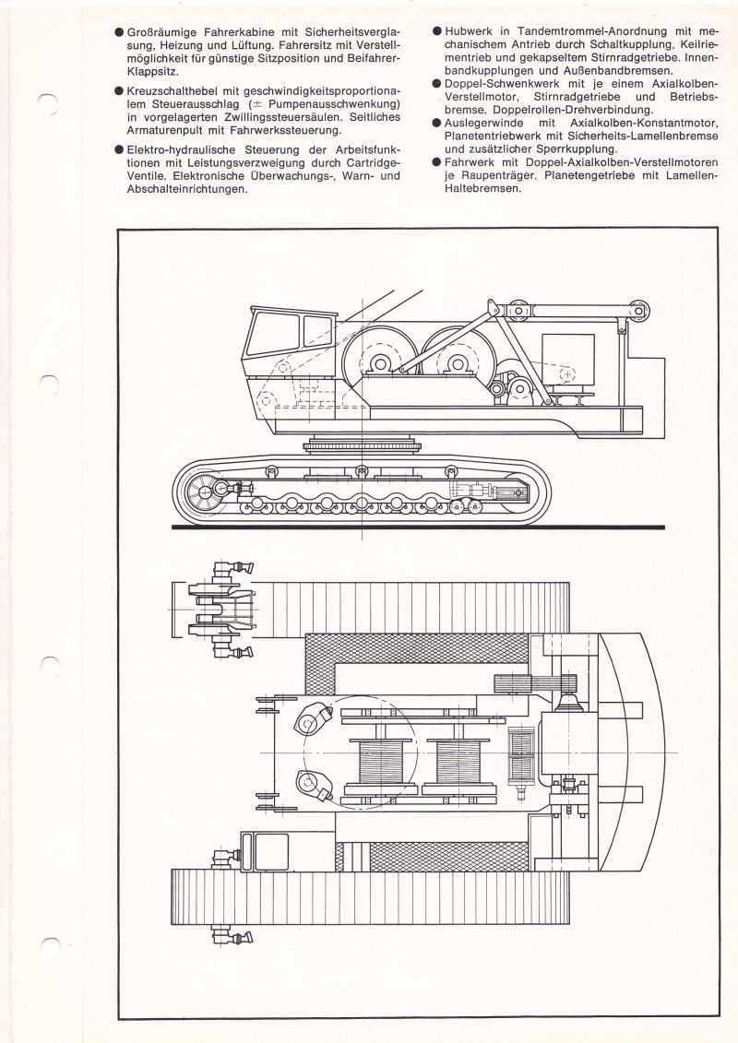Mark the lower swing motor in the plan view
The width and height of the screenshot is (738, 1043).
click(x=314, y=785)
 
